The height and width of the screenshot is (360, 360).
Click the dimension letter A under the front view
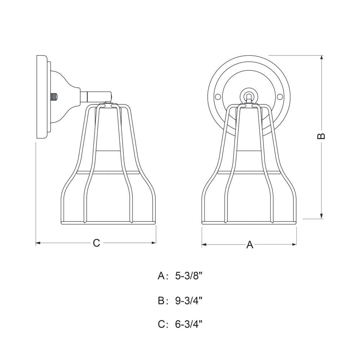(249, 245)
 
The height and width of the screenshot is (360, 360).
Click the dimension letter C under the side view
(96, 243)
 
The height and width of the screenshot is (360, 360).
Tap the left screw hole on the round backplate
(217, 97)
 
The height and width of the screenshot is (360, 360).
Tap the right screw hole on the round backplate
(280, 97)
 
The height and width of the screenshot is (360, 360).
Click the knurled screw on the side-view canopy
(54, 97)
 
